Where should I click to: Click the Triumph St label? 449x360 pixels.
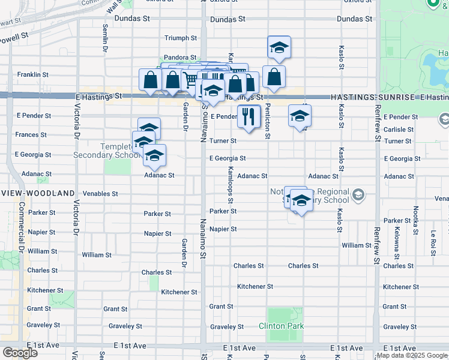click(x=181, y=38)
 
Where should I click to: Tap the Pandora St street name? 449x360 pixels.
click(x=181, y=58)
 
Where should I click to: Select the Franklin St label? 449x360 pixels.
click(x=32, y=74)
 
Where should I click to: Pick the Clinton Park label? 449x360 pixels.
click(x=281, y=326)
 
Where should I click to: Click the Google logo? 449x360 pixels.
click(x=20, y=352)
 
